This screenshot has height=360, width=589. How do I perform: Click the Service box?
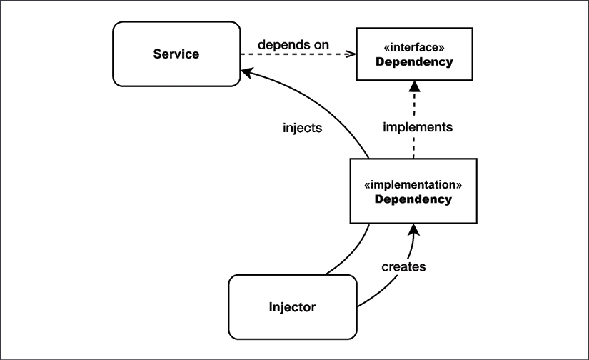click(176, 54)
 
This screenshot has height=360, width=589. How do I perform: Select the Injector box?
click(292, 307)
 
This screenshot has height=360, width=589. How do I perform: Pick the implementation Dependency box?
click(413, 191)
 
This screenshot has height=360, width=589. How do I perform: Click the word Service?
click(176, 54)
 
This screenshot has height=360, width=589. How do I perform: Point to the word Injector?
click(292, 308)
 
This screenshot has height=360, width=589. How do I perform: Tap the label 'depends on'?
click(293, 44)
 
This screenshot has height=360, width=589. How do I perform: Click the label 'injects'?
click(302, 129)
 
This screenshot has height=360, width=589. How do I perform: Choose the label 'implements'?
click(418, 128)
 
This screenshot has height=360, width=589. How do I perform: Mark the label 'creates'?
click(403, 266)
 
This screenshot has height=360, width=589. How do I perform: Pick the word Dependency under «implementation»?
click(413, 199)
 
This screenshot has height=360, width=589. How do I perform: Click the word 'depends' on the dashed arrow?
click(283, 45)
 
